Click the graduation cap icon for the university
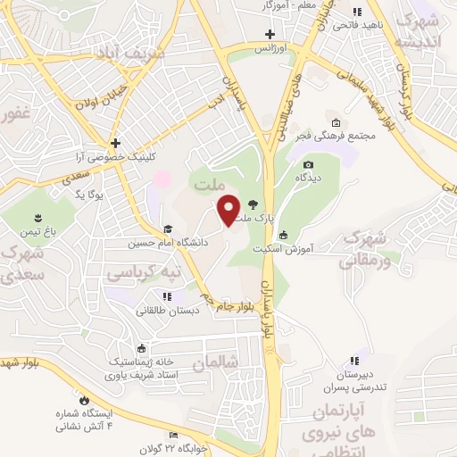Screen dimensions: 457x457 click(x=167, y=228)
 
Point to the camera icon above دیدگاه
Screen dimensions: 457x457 click(x=308, y=164)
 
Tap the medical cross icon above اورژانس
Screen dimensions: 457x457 click(x=270, y=34)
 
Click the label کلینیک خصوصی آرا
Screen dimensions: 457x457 click(x=117, y=156)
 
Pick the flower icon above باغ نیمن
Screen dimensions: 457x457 click(x=38, y=218)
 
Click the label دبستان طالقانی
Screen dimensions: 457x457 click(x=166, y=311)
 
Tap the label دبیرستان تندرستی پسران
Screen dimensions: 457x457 click(x=356, y=380)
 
